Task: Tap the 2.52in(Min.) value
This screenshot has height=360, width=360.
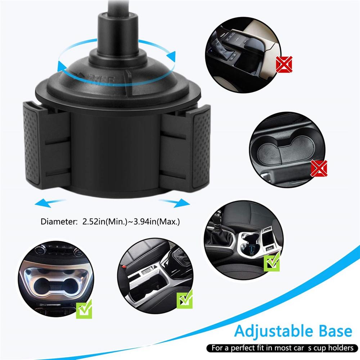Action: click(x=104, y=221)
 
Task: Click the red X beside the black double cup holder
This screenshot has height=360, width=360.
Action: click(x=319, y=168)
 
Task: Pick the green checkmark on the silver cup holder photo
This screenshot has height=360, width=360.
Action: click(x=84, y=309)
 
